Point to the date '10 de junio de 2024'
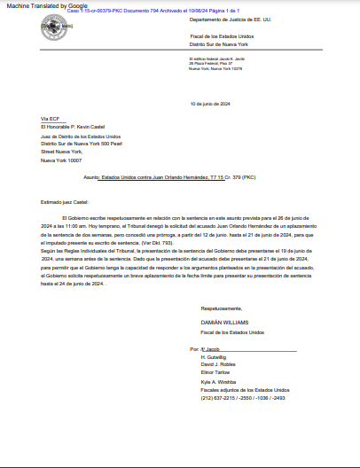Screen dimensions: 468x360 (x=209, y=104)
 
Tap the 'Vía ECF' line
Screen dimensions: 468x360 (x=50, y=118)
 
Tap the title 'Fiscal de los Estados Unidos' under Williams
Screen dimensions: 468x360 (x=232, y=331)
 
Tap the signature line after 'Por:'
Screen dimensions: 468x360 (x=218, y=349)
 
